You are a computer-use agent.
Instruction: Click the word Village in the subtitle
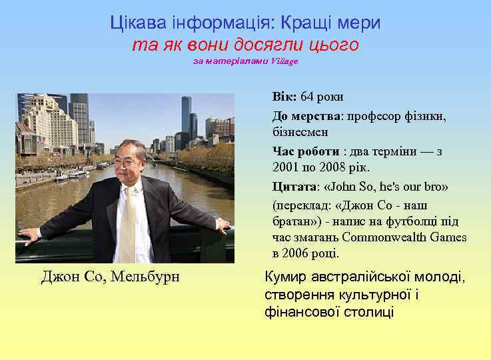(x=285, y=61)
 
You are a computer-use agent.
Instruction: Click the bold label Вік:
(x=284, y=97)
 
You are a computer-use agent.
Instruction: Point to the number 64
(x=307, y=97)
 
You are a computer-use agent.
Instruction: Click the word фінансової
(x=296, y=311)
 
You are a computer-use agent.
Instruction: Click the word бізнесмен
(x=300, y=132)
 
